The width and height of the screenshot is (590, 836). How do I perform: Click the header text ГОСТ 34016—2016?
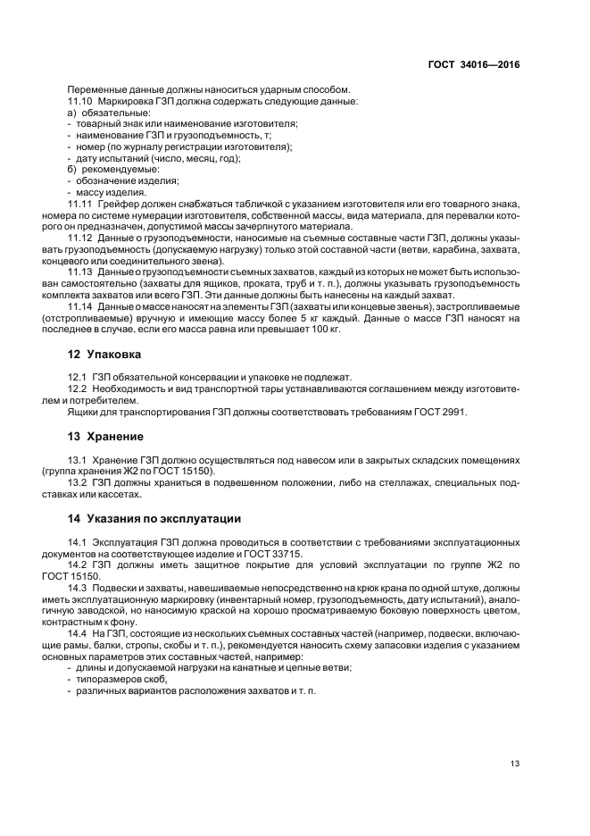coord(474,64)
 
